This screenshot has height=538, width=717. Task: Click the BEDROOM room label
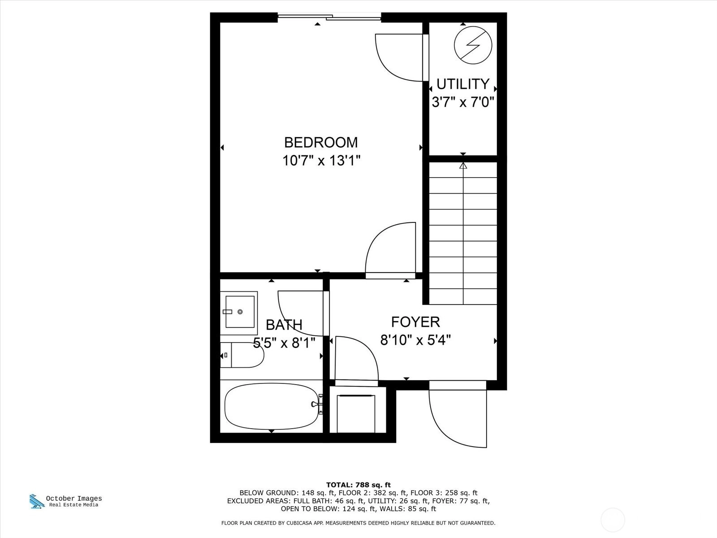point(321,143)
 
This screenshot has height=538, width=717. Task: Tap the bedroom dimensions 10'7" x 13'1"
point(321,161)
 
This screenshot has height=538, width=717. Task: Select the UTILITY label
point(463,84)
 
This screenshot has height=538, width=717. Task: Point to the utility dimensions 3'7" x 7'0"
point(463,102)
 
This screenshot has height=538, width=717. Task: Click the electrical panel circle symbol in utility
point(473,45)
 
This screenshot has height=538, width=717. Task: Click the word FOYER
point(415,322)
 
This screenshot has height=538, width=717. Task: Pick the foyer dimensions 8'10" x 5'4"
point(415,340)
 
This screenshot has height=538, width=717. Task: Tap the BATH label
point(284,325)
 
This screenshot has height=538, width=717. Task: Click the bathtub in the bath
point(272,406)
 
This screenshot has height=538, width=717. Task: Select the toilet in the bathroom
point(242,355)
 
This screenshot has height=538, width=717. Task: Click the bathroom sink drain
point(240,312)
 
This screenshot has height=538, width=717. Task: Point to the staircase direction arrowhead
point(463,165)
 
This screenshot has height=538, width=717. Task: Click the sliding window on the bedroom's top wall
point(329,17)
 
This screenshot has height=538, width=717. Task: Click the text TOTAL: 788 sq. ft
point(358,485)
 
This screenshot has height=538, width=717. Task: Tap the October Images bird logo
point(36,501)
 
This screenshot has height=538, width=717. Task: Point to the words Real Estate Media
point(73,505)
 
